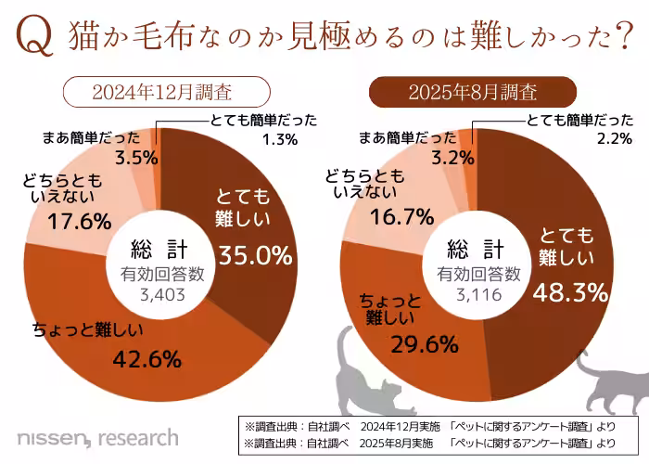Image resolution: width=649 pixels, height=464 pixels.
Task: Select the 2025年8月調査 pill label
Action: [474, 93]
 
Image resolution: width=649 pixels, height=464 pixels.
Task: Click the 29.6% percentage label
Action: [425, 344]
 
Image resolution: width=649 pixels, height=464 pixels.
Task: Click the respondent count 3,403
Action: [162, 294]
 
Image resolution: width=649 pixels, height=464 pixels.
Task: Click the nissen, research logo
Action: [97, 436]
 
